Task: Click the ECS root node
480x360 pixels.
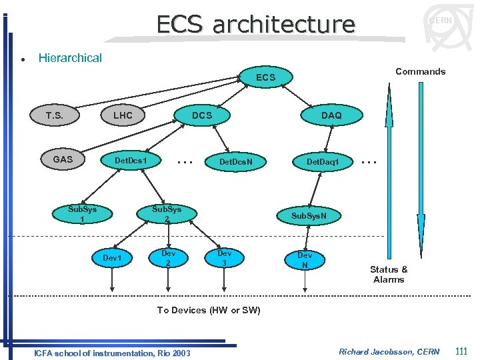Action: (x=265, y=78)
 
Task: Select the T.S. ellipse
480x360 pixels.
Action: (x=55, y=115)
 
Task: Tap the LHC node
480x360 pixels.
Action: (x=123, y=115)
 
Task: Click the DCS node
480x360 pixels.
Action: (x=202, y=115)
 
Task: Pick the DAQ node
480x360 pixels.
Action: (x=331, y=115)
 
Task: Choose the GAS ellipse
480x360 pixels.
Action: (x=63, y=160)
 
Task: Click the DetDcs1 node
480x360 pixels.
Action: (x=131, y=161)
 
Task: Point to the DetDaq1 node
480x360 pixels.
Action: (x=323, y=161)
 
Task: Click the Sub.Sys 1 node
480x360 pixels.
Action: (x=82, y=214)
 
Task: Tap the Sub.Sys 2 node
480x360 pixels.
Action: (x=166, y=214)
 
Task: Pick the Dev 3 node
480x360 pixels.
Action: (x=225, y=258)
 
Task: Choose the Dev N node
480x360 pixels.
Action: (x=305, y=260)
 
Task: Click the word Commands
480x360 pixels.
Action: (x=420, y=71)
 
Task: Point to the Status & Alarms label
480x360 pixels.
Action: (x=389, y=274)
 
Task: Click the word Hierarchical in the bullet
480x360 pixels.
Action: (x=70, y=58)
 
